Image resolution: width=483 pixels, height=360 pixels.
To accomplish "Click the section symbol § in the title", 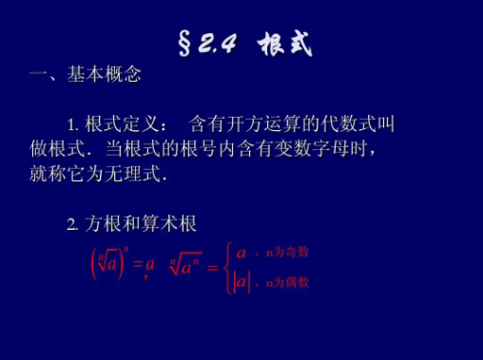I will [x=187, y=44].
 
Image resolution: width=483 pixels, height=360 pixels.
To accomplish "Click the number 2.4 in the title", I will [x=218, y=45].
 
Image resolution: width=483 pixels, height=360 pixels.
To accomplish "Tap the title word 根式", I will [x=284, y=44].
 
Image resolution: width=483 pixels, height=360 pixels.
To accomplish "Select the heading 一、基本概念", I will [x=85, y=75].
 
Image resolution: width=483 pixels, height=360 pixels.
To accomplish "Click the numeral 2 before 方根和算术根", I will [x=71, y=224].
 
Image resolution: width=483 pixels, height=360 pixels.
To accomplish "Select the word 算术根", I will [x=171, y=224].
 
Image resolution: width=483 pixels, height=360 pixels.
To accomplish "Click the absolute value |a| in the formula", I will [x=241, y=282].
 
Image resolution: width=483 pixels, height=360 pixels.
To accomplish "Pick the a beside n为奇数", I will [x=241, y=253].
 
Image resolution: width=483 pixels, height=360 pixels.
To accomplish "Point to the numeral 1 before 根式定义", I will [x=71, y=124].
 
